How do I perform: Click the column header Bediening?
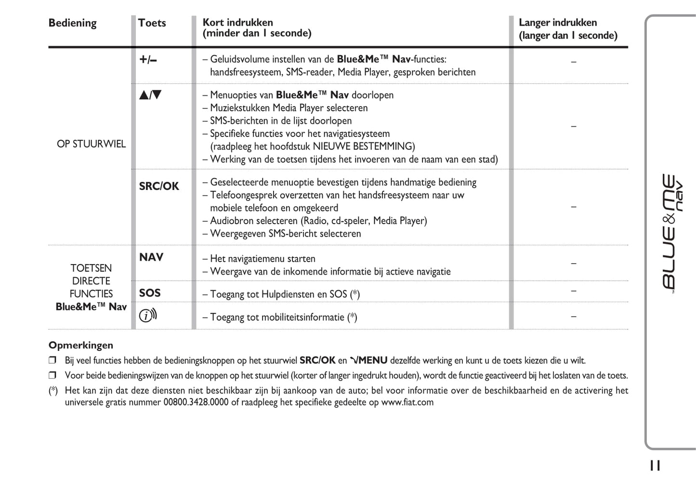[x=72, y=23]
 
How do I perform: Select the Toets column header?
[x=152, y=23]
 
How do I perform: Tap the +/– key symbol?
[x=148, y=60]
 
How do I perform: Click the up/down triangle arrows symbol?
[x=150, y=95]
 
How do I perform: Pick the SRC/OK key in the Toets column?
[x=159, y=187]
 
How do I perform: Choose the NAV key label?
[x=151, y=257]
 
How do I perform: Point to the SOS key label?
[x=150, y=293]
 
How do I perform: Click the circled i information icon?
[x=148, y=316]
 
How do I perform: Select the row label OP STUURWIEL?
[x=91, y=144]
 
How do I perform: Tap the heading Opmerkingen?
[x=81, y=345]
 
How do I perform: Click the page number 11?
[x=655, y=466]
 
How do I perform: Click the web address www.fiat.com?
[x=407, y=402]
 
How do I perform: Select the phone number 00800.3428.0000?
[x=196, y=402]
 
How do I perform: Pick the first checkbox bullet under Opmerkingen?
[x=53, y=360]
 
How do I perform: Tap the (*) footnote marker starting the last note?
[x=53, y=391]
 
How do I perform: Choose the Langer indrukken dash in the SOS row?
[x=573, y=291]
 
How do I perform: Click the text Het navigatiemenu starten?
[x=263, y=259]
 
